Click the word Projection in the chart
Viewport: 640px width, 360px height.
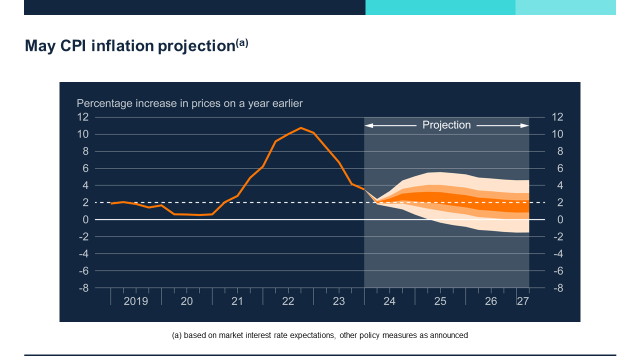(x=446, y=125)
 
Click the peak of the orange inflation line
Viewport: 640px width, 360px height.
(x=300, y=128)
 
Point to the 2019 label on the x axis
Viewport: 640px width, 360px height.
(x=135, y=301)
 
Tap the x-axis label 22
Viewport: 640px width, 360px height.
(x=288, y=301)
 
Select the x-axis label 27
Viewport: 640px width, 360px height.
(x=522, y=301)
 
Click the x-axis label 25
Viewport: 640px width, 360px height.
(x=440, y=301)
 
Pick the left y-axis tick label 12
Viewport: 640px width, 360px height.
(x=82, y=117)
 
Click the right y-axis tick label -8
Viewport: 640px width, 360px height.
(x=557, y=288)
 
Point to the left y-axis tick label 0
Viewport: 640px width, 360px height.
(x=85, y=219)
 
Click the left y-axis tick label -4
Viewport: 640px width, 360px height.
(x=83, y=254)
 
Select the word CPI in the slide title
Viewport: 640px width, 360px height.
(x=73, y=46)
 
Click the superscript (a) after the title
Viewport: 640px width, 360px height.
(x=242, y=43)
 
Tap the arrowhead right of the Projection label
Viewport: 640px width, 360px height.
(x=525, y=125)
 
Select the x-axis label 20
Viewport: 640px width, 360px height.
(x=186, y=301)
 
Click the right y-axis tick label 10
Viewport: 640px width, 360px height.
(x=557, y=134)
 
